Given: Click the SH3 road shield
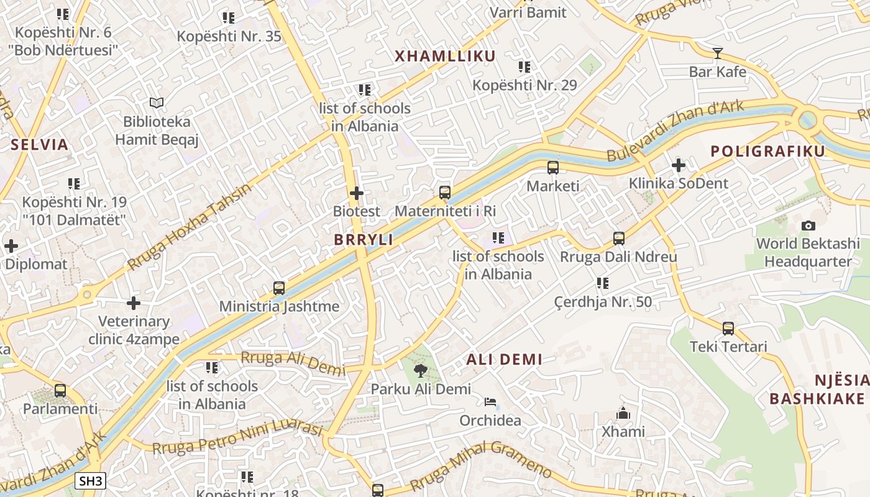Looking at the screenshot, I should [x=91, y=481].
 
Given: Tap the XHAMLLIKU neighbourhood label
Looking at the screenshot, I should [x=446, y=57].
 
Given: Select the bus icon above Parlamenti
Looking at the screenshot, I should [x=60, y=391].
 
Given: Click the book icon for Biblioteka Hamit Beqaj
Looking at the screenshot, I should [x=157, y=103].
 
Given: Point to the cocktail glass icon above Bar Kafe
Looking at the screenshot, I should [x=718, y=53].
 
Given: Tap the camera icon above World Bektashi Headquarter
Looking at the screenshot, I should [x=808, y=226].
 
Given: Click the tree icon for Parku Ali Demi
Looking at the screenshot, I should [x=420, y=371].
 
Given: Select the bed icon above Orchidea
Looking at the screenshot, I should [x=490, y=402].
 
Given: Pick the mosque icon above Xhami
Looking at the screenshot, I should [x=623, y=413].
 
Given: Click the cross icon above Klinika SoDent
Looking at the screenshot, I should [x=679, y=165].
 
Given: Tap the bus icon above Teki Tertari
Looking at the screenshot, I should [x=728, y=328].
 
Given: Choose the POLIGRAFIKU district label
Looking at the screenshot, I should [x=767, y=151].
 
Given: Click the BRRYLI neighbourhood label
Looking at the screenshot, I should [x=364, y=240].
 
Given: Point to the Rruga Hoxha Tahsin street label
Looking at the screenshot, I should [x=189, y=227].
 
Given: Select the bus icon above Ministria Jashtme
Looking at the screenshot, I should [x=279, y=288].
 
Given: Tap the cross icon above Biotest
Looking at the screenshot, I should [x=357, y=193].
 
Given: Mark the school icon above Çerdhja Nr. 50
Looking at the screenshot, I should [x=603, y=283].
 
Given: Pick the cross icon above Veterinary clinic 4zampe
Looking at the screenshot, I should [x=134, y=303].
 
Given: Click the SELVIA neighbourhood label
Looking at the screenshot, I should [x=39, y=145].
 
